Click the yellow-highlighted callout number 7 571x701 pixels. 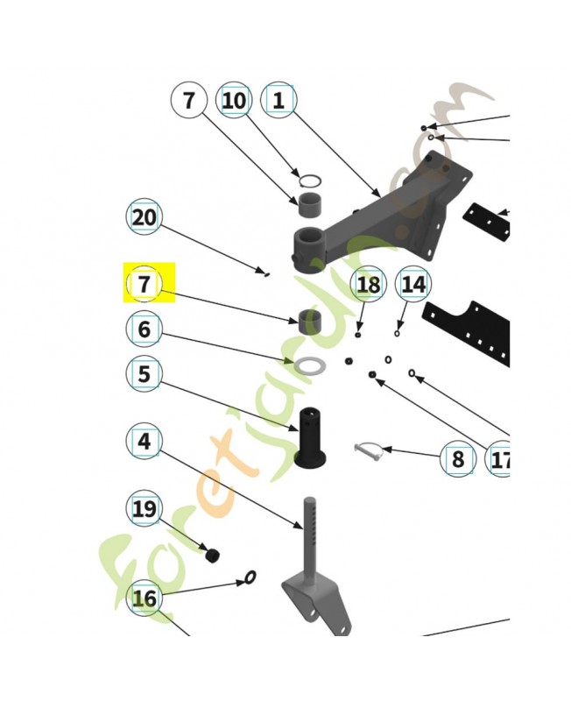pos(145,284)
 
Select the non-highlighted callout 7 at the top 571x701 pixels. pos(188,101)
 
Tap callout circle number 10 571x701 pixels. pos(234,101)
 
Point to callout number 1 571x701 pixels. pos(278,101)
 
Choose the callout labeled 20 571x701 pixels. pos(145,216)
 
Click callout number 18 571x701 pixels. pos(369,284)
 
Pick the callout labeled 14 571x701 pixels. pos(413,284)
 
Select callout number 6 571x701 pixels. pos(145,329)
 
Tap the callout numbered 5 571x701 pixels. pos(145,374)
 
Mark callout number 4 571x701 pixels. pos(145,442)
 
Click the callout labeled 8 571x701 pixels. pos(457,458)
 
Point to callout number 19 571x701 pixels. pos(145,508)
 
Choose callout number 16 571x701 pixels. pos(145,598)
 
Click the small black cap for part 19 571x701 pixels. pos(211,555)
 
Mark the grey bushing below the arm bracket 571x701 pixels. pos(308,321)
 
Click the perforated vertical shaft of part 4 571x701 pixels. pos(309,535)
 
